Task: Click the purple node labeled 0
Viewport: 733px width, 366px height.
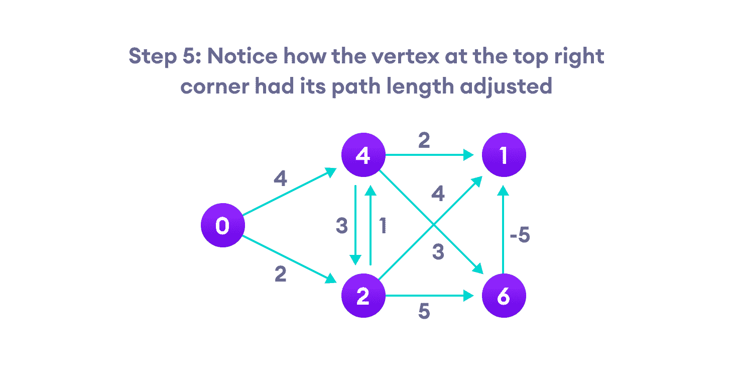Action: [x=222, y=226]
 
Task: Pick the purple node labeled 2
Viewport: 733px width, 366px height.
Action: [x=362, y=297]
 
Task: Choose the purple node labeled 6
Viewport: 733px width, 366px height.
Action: [x=504, y=297]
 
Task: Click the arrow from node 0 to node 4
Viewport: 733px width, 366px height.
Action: [x=289, y=192]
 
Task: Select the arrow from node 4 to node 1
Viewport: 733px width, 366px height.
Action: [x=429, y=156]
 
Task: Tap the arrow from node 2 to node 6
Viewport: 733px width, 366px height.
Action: [x=429, y=297]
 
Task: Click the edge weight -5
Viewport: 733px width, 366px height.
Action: [x=520, y=235]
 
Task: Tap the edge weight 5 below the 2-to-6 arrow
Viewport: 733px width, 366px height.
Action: [x=424, y=312]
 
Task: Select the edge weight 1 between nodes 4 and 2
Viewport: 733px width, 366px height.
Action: [x=383, y=226]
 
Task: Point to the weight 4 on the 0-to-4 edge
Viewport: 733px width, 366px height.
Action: [x=280, y=178]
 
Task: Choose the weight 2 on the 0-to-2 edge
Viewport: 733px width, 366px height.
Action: [x=280, y=274]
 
